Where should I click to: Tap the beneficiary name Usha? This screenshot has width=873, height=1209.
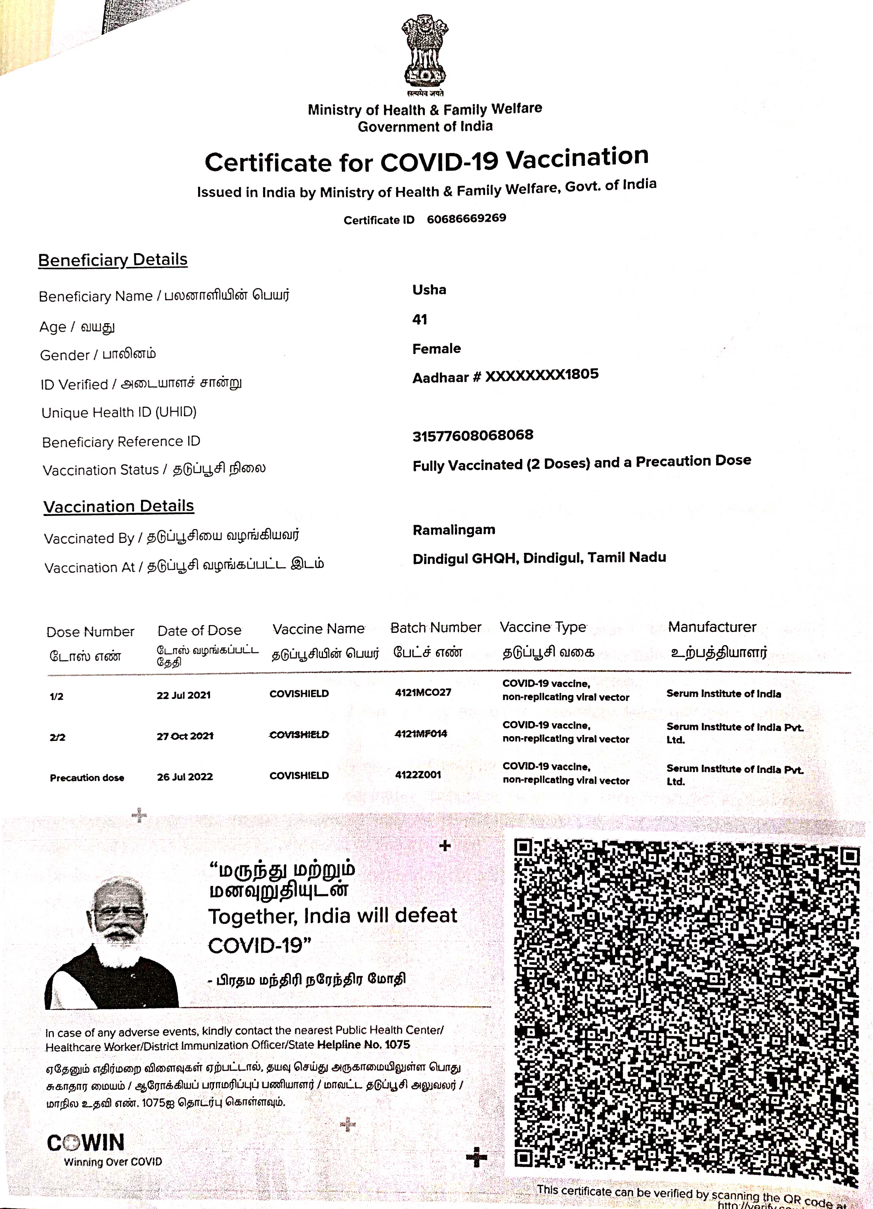429,290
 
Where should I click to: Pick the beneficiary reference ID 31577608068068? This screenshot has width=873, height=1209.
472,436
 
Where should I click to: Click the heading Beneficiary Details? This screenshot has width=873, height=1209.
113,260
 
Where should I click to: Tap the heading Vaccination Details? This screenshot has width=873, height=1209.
118,506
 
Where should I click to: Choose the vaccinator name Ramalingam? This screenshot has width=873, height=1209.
454,530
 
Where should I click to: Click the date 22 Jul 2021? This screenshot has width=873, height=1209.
183,695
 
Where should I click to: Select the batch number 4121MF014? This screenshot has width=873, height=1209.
421,734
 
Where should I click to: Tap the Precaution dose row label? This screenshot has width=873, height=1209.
87,778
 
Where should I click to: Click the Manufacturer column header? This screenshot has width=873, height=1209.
712,627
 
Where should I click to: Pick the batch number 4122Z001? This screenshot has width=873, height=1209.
418,775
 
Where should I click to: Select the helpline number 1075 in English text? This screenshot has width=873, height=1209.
397,1044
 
